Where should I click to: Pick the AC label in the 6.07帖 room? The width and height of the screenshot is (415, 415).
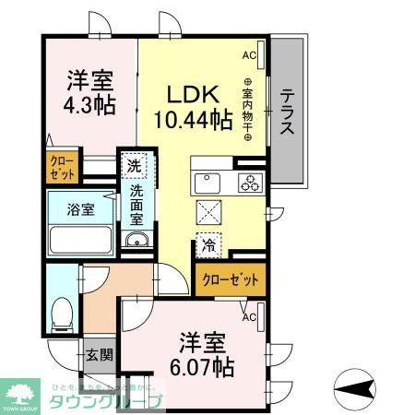pyautogui.click(x=248, y=317)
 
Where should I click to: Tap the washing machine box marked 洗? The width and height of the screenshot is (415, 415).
pyautogui.click(x=134, y=168)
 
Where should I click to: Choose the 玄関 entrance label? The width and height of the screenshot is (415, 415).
pyautogui.click(x=96, y=354)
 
